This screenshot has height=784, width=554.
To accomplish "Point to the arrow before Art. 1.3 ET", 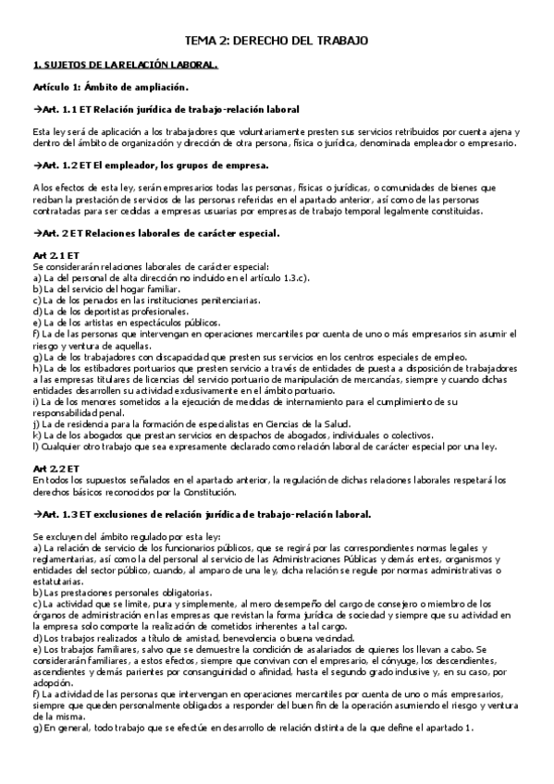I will [37, 513].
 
